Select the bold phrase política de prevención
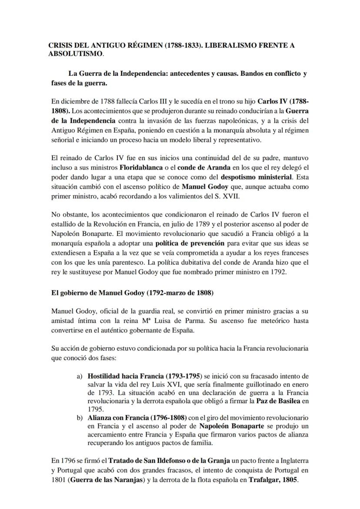click(190, 243)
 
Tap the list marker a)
click(80, 375)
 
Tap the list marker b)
click(80, 417)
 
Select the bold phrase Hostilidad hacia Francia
click(126, 375)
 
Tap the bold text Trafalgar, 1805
click(273, 481)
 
